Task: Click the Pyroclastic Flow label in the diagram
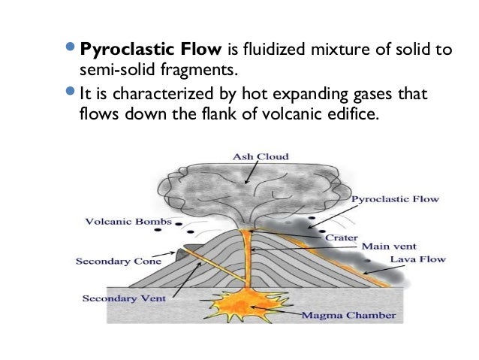[x=396, y=200]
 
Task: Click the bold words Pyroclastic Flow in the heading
[x=150, y=51]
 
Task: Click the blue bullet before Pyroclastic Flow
[x=70, y=50]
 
